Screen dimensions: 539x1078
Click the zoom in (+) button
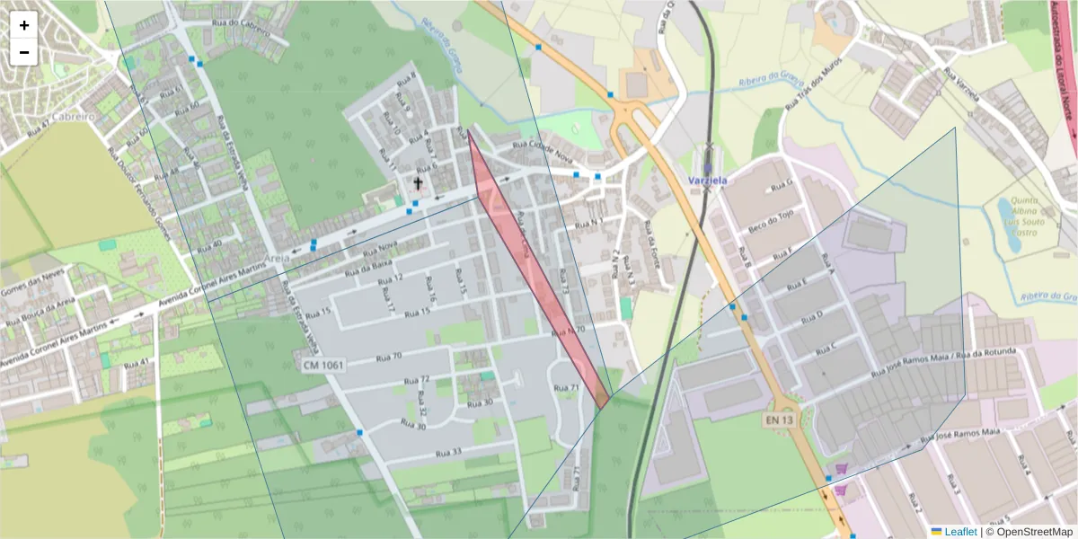tap(24, 25)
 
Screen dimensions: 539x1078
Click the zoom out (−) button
tap(24, 52)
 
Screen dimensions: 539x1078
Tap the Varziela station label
tap(707, 180)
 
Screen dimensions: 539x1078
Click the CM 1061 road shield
tap(323, 366)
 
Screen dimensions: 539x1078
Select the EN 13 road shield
tap(780, 420)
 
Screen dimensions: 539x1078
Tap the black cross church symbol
tap(418, 183)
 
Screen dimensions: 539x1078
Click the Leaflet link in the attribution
tap(959, 531)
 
